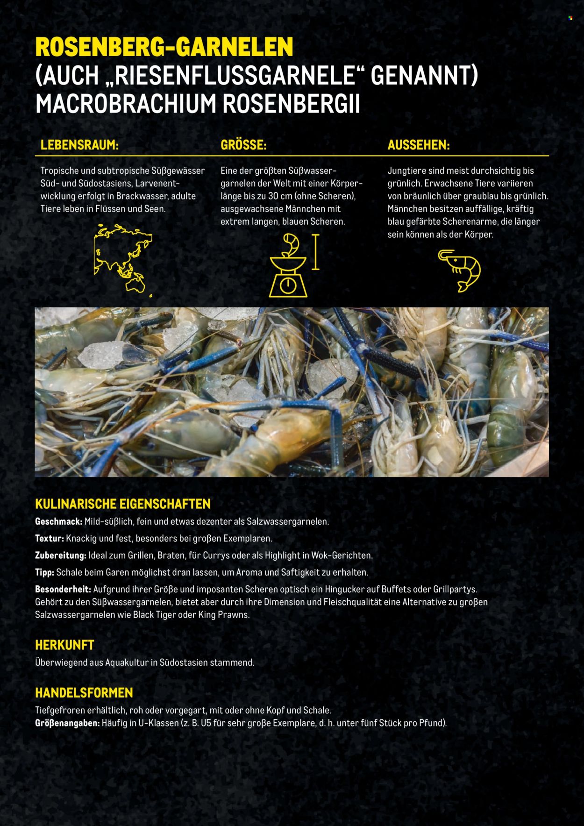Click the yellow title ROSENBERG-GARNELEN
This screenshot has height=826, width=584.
coord(164,47)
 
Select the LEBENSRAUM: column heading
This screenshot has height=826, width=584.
coord(79,145)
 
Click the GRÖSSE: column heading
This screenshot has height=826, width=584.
coord(243,145)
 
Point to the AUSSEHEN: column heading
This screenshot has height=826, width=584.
coord(419,145)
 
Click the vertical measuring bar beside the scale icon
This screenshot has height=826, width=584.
coord(316,252)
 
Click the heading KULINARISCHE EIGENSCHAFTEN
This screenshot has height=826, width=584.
coord(123,504)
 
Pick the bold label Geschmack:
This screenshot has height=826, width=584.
coord(59,521)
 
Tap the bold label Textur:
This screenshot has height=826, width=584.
coord(49,538)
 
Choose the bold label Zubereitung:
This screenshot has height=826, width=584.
coord(61,555)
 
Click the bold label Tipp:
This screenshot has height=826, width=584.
coord(44,572)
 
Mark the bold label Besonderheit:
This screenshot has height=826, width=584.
coord(63,590)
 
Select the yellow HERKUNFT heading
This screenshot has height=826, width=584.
coord(64,645)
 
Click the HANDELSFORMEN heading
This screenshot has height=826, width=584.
coord(84,692)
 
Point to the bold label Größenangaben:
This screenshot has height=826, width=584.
coord(67,723)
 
